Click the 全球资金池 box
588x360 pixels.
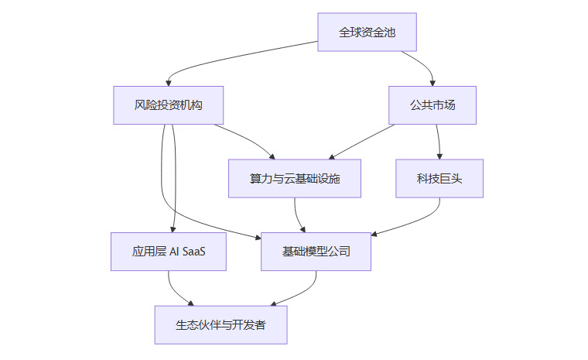[x=367, y=33]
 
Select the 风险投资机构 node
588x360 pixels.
[x=168, y=105]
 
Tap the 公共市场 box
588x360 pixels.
[x=432, y=105]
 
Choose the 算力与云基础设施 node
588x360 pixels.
[x=295, y=179]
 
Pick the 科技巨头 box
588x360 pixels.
[x=439, y=179]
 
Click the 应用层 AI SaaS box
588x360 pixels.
[x=169, y=252]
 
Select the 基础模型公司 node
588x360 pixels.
[x=316, y=252]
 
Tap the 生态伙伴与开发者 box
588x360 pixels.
[x=220, y=325]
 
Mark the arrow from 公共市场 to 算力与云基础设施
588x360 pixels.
[x=364, y=139]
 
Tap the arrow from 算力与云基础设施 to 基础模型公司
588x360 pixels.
[x=297, y=215]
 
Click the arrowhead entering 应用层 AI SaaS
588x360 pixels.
[x=173, y=228]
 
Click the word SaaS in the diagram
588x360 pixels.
[x=194, y=252]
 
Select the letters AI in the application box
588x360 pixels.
[x=174, y=252]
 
